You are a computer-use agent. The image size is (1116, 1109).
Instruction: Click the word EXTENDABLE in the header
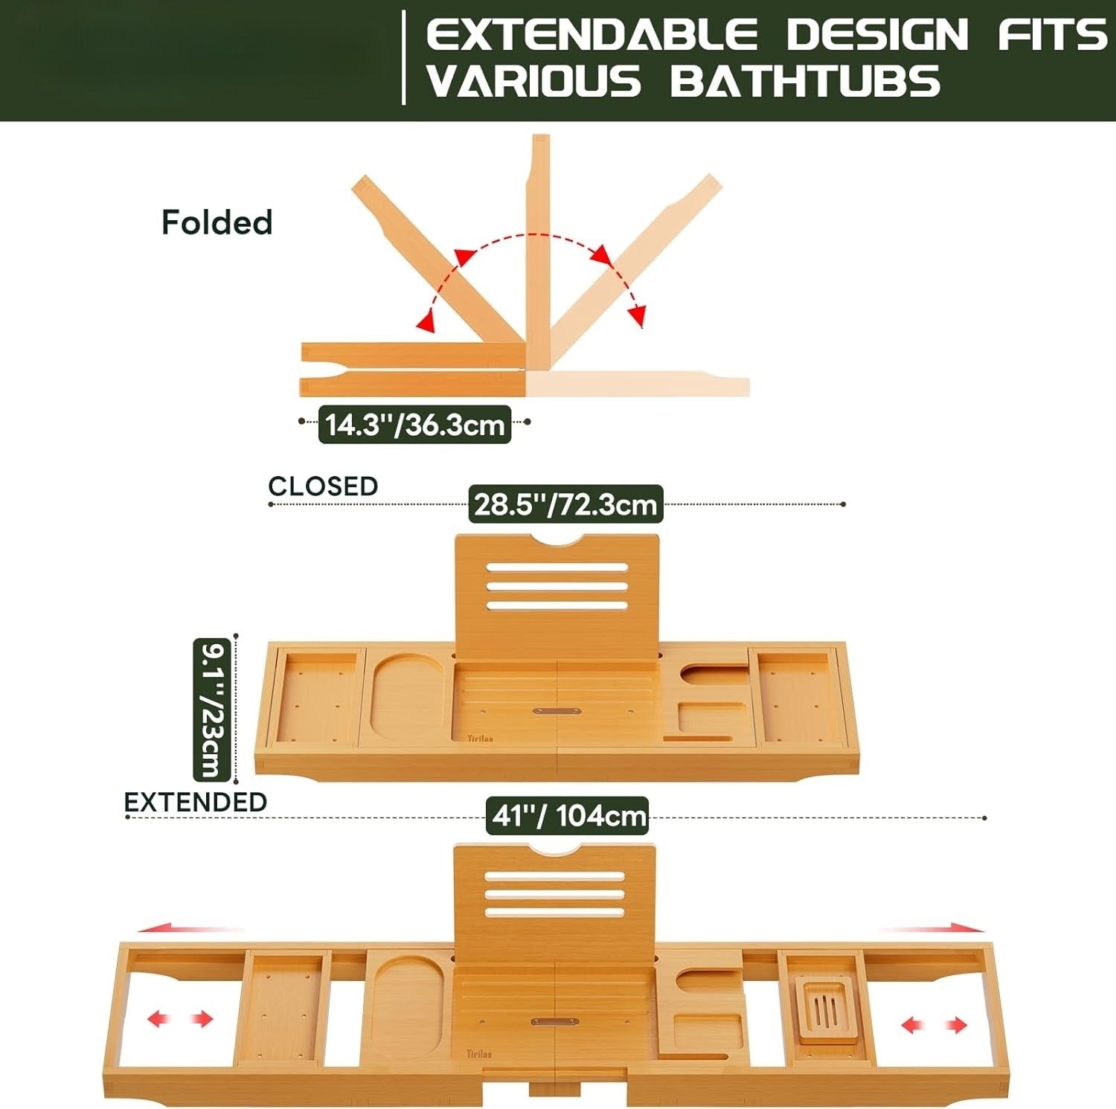pyautogui.click(x=591, y=35)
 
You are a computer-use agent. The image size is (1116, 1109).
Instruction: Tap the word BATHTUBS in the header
pyautogui.click(x=805, y=81)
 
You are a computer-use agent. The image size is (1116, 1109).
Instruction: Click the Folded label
pyautogui.click(x=217, y=222)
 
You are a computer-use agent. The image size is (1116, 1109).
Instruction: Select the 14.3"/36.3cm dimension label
pyautogui.click(x=414, y=425)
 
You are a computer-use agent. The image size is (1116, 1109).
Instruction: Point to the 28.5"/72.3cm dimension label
pyautogui.click(x=565, y=504)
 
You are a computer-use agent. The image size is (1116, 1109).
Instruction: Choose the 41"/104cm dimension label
pyautogui.click(x=568, y=816)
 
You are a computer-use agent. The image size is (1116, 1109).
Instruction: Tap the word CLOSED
pyautogui.click(x=323, y=486)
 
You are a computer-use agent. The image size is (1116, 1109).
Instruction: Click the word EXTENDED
pyautogui.click(x=195, y=802)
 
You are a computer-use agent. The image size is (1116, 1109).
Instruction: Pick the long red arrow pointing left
pyautogui.click(x=191, y=928)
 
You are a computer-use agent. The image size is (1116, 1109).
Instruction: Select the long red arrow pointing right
pyautogui.click(x=932, y=928)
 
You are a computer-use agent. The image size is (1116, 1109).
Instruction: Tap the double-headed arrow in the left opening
pyautogui.click(x=180, y=1019)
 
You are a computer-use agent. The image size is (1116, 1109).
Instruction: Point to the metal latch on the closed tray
pyautogui.click(x=557, y=711)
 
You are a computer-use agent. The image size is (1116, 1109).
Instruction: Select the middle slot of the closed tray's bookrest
pyautogui.click(x=557, y=585)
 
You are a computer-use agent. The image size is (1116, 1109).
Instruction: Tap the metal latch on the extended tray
pyautogui.click(x=555, y=1022)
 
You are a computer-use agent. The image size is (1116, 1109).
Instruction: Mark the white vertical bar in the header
pyautogui.click(x=403, y=57)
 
